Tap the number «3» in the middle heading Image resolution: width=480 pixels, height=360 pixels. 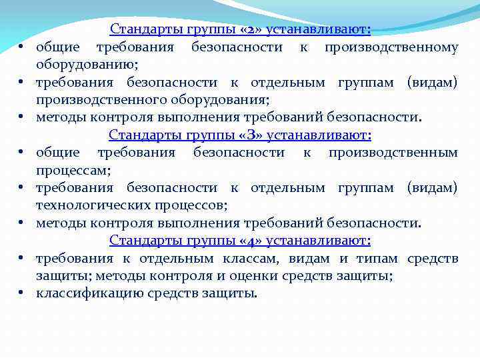pos(229,135)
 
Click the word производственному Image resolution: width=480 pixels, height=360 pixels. pos(391,47)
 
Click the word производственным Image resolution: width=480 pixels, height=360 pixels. pos(393,153)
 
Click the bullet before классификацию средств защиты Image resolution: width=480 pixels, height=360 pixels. pos(21,293)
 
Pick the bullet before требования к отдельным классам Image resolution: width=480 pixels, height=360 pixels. pos(21,258)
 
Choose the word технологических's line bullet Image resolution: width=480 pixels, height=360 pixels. pos(21,188)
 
